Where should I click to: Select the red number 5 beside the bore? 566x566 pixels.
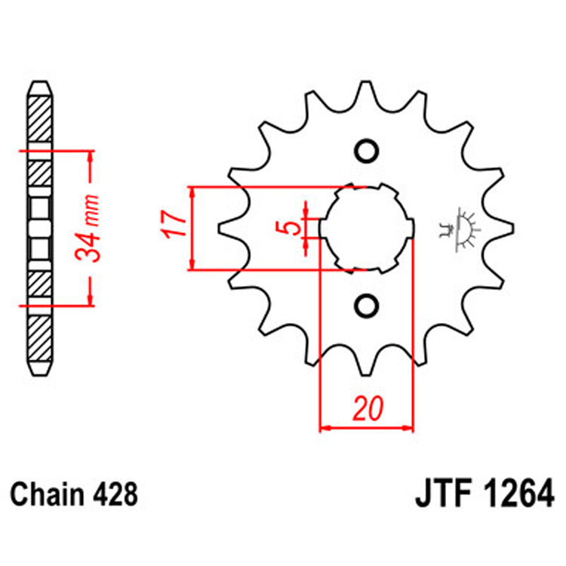point(294,226)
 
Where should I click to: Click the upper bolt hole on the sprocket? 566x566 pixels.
point(367,151)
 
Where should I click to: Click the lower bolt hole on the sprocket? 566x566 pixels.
point(367,304)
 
